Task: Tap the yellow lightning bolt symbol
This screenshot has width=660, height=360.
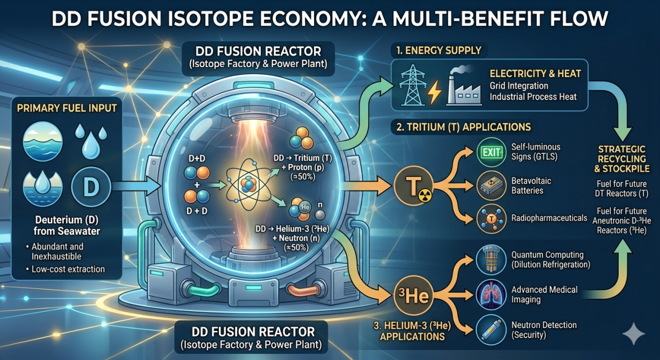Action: pyautogui.click(x=435, y=95)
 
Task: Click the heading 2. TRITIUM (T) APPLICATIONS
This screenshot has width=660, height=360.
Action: pyautogui.click(x=461, y=127)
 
